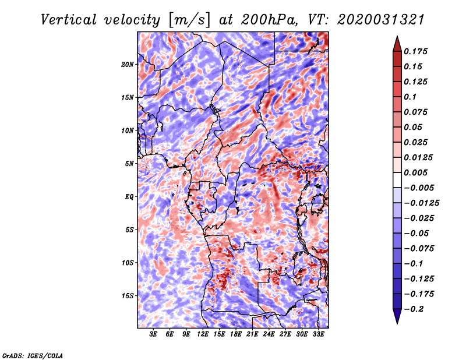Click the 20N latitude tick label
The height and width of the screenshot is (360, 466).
pos(128,64)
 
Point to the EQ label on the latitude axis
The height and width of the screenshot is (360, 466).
pos(129,196)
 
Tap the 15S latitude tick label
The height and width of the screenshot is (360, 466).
pos(128,295)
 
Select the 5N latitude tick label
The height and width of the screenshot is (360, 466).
pos(129,163)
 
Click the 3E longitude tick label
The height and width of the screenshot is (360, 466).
pos(153,334)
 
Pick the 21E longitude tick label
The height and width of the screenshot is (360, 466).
pos(252,334)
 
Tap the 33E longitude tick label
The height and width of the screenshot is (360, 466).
pos(318,334)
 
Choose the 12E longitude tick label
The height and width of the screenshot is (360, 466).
pos(203,334)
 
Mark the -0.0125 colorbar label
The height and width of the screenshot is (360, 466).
pos(423,203)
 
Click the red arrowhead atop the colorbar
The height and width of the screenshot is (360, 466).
pos(396,43)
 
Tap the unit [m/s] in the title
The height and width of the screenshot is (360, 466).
pos(188,20)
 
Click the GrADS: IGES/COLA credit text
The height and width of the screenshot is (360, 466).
pos(32,355)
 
